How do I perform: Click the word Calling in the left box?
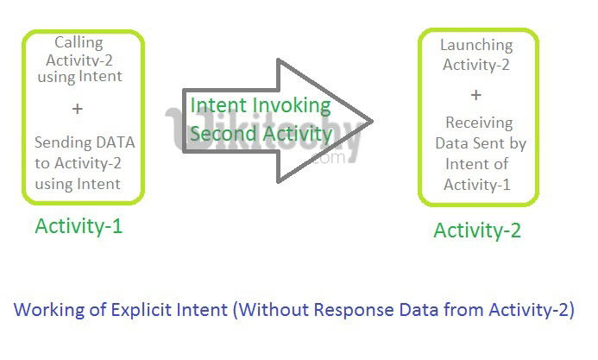tap(79, 42)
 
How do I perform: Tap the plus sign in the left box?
tap(78, 110)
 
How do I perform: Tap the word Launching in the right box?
tap(476, 45)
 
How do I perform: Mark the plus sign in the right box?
tap(476, 94)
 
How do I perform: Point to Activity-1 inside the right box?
tap(477, 184)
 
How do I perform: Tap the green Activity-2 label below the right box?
tap(477, 231)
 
